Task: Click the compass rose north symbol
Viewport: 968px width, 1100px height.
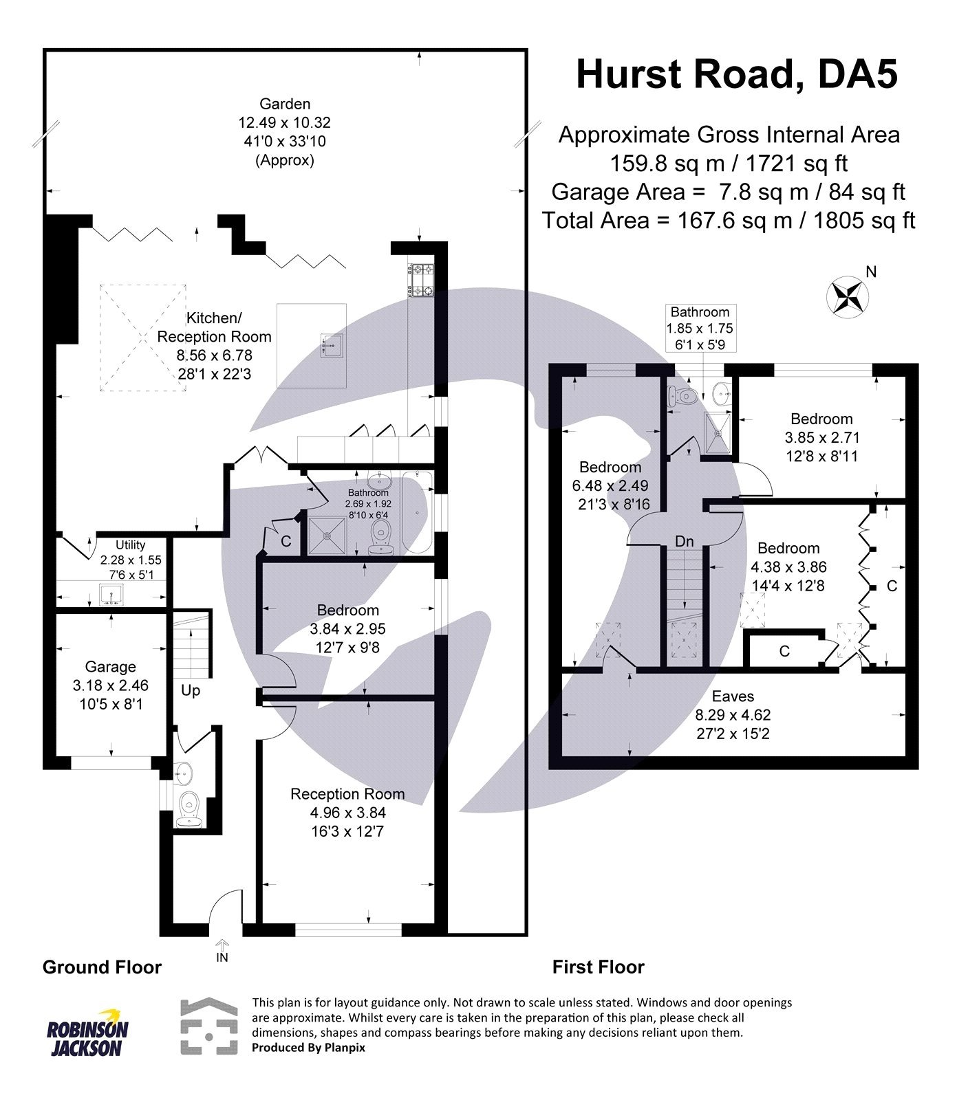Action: point(847,297)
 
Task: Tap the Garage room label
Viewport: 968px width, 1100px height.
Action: point(110,666)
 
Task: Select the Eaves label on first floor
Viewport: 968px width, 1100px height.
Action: point(733,696)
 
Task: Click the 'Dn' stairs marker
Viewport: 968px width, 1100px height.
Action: point(684,542)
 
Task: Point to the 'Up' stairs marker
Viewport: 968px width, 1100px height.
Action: point(191,690)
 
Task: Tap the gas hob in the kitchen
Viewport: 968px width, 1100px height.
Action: point(420,280)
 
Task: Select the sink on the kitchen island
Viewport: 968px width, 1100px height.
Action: point(333,344)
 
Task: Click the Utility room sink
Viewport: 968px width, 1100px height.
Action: point(111,594)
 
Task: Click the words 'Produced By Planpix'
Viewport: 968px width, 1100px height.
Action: point(308,1048)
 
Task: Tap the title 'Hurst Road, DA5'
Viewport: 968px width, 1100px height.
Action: point(736,74)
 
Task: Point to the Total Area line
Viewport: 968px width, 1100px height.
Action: point(728,221)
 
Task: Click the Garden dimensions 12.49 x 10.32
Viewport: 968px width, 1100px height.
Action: point(284,123)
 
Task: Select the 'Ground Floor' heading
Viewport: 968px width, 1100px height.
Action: point(102,967)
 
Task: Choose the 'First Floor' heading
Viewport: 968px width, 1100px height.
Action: point(598,967)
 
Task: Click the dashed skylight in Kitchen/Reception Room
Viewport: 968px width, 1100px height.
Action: point(144,338)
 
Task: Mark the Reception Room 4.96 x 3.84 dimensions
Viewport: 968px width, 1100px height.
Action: point(347,813)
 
